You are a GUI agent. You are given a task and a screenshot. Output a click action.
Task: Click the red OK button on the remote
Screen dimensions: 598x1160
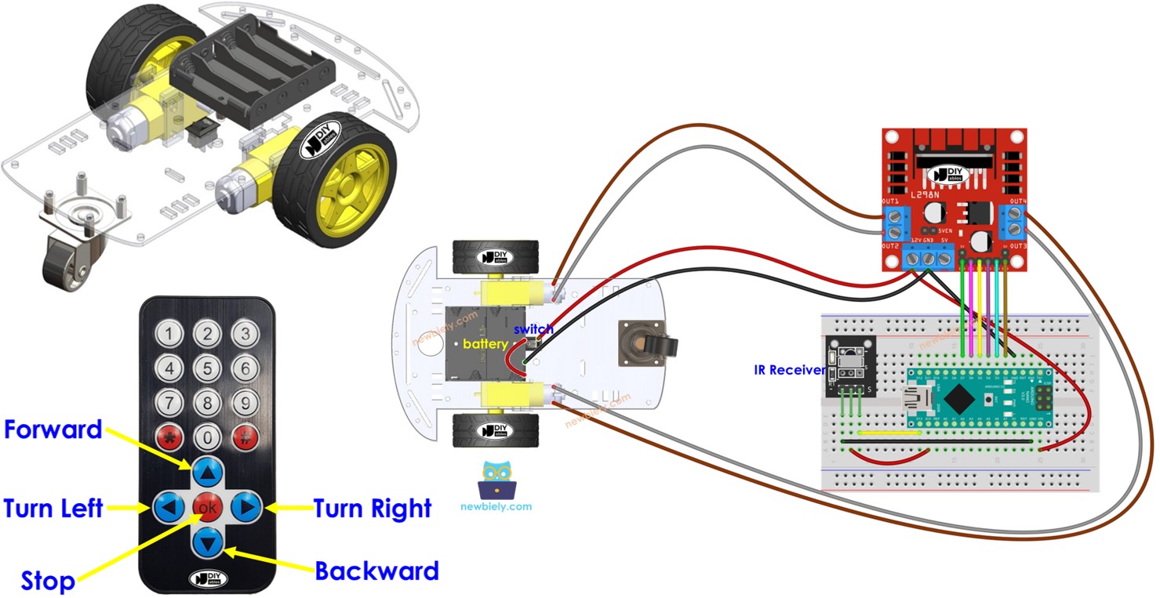[208, 508]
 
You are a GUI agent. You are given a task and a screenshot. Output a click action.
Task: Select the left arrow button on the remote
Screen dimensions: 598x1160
[169, 508]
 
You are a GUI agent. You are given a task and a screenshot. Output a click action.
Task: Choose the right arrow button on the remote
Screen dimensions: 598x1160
[246, 508]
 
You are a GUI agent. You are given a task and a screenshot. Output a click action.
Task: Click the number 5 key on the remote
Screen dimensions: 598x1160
[208, 368]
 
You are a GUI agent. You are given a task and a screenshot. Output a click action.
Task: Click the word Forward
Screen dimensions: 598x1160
[53, 429]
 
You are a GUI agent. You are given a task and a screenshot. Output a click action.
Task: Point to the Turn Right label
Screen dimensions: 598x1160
[373, 509]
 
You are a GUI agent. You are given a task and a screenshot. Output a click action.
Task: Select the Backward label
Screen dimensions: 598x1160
[376, 571]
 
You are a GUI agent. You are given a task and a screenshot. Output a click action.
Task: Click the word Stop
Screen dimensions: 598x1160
[48, 581]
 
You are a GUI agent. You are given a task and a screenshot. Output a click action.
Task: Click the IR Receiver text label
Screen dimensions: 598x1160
[790, 370]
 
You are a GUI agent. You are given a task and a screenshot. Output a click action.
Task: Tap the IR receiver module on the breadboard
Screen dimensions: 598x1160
[850, 365]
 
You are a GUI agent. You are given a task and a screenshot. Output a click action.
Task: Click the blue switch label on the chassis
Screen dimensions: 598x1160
[533, 329]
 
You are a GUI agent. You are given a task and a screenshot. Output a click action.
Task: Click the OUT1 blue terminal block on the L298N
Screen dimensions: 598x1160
[892, 222]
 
